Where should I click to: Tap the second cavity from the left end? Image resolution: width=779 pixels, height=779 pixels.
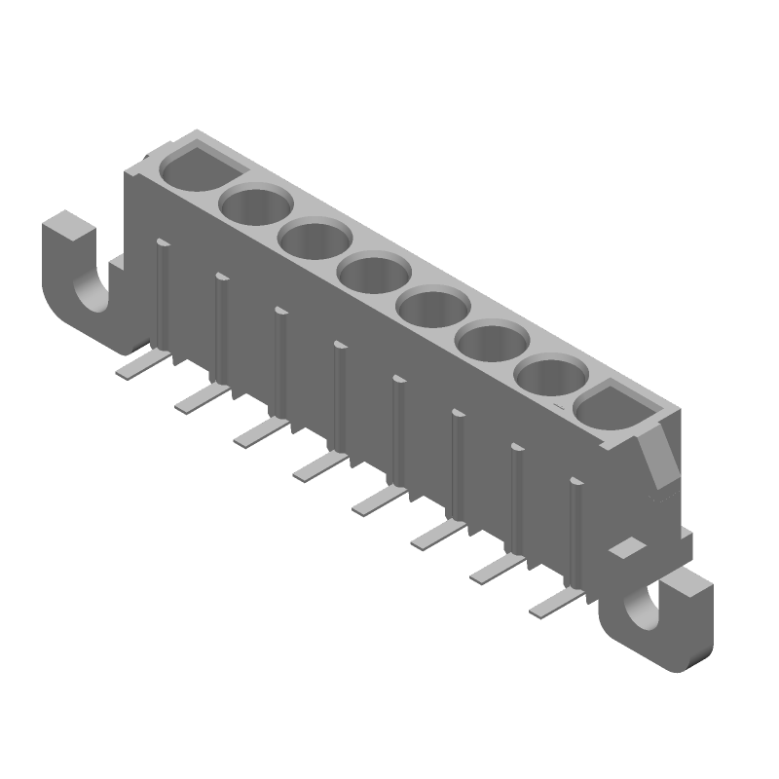(256, 204)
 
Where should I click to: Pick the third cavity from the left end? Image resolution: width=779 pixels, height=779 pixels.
(315, 240)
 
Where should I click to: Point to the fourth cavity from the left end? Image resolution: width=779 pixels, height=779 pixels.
(375, 274)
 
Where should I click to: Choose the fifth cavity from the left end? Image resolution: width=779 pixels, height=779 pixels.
(434, 308)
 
